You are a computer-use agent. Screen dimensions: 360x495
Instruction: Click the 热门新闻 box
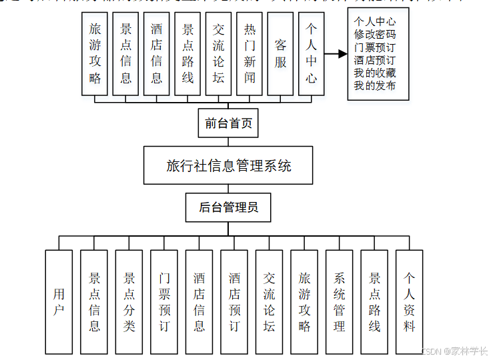coord(250,53)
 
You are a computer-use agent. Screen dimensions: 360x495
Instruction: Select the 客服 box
coord(280,53)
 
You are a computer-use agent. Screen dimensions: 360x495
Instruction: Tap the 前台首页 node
coord(227,123)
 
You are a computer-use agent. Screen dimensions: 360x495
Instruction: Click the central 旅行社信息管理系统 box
coord(228,165)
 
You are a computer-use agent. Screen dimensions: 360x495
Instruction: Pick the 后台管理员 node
coord(228,208)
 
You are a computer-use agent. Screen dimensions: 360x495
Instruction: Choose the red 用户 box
coord(59,302)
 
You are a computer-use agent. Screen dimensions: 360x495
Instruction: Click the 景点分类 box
coord(129,302)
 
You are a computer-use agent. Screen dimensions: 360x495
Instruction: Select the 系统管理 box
coord(339,302)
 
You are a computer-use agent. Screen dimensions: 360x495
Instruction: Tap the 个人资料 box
coord(409,302)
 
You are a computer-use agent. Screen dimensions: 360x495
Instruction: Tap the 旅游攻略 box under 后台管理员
coord(304,302)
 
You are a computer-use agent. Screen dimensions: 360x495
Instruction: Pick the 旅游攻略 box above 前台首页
coord(95,53)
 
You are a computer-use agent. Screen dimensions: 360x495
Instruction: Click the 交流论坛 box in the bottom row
coord(269,302)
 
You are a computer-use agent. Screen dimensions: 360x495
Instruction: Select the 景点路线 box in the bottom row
coord(374,302)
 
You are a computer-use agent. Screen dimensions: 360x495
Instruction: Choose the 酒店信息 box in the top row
coord(157,53)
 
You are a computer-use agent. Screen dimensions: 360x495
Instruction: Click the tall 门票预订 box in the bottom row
coord(164,302)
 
